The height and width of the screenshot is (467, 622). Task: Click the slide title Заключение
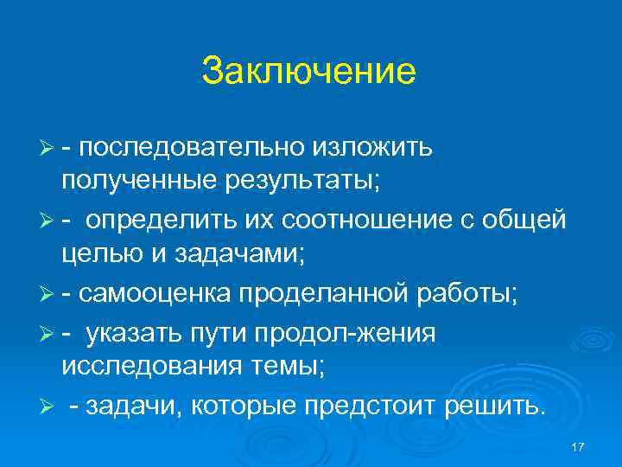point(308,72)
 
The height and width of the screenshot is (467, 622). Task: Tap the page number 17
point(578,445)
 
